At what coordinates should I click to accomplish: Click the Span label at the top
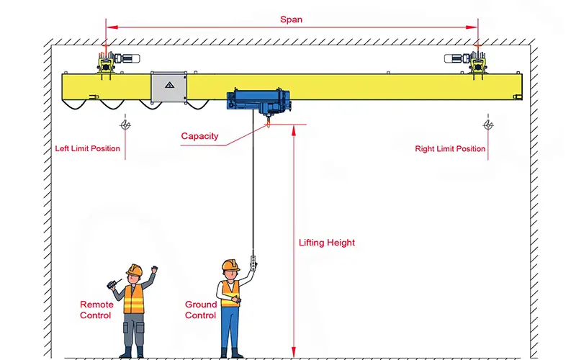click(x=291, y=19)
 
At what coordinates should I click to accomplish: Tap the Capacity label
click(x=199, y=136)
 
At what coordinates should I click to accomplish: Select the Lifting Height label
click(x=327, y=243)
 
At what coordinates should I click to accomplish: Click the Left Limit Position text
click(x=88, y=149)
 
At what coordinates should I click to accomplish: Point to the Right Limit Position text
click(x=450, y=149)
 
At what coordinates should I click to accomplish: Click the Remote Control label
click(x=96, y=310)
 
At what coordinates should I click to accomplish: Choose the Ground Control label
click(x=200, y=310)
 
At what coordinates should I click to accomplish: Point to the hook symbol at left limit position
click(x=126, y=125)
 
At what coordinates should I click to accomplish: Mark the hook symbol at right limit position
click(x=489, y=125)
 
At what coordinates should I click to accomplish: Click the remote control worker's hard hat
click(x=134, y=269)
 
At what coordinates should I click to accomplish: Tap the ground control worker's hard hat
click(x=230, y=265)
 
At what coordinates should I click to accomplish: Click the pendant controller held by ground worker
click(x=252, y=261)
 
